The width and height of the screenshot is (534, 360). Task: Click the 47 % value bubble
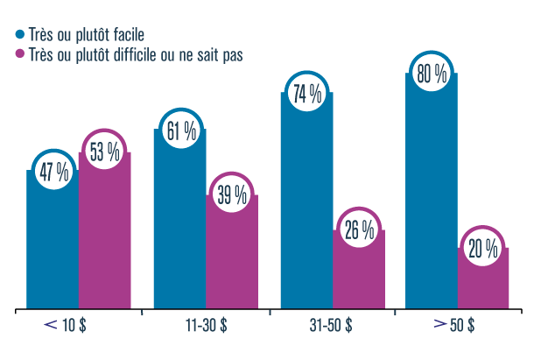click(x=53, y=173)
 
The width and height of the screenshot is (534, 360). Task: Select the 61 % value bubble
click(x=179, y=132)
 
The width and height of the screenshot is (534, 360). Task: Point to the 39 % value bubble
click(x=231, y=195)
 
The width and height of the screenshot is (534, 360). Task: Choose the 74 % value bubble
click(x=306, y=95)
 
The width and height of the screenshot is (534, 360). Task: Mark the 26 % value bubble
click(x=357, y=232)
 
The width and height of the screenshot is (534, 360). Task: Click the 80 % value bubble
click(x=432, y=75)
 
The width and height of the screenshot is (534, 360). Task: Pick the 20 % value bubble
click(x=482, y=249)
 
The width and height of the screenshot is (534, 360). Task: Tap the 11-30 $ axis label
click(x=206, y=325)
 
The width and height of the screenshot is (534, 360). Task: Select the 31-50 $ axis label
click(x=331, y=325)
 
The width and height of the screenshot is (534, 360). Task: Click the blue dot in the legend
click(x=20, y=35)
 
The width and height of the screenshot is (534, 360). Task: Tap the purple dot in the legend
click(x=20, y=55)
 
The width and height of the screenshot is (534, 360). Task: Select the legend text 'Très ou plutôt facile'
click(x=87, y=35)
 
